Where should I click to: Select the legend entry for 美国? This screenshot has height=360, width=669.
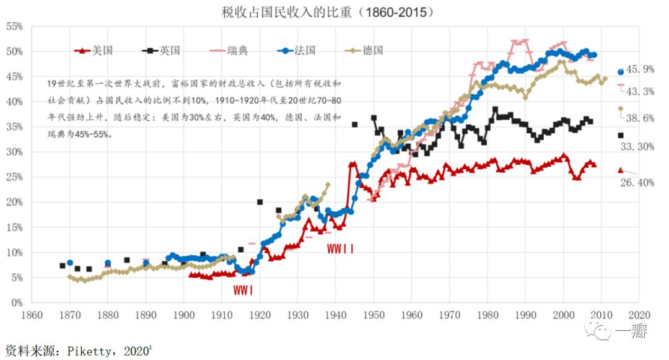[94, 50]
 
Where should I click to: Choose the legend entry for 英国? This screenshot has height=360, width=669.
[162, 50]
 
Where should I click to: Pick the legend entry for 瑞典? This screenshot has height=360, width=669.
[229, 50]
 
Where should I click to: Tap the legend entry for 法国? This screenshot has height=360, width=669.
[296, 50]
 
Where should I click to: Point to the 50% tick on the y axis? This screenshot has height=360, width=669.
[14, 51]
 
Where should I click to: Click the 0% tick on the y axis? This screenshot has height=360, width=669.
[16, 303]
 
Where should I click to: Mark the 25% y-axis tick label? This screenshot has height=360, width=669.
[14, 177]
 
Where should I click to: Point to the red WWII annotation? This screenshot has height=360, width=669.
[340, 249]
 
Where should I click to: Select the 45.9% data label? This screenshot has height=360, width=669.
[640, 69]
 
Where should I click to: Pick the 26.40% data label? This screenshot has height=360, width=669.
[637, 182]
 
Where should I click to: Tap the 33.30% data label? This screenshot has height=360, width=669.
[637, 146]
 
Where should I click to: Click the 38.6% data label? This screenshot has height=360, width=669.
[640, 118]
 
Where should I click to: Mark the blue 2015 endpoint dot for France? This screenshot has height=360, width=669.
[621, 72]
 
